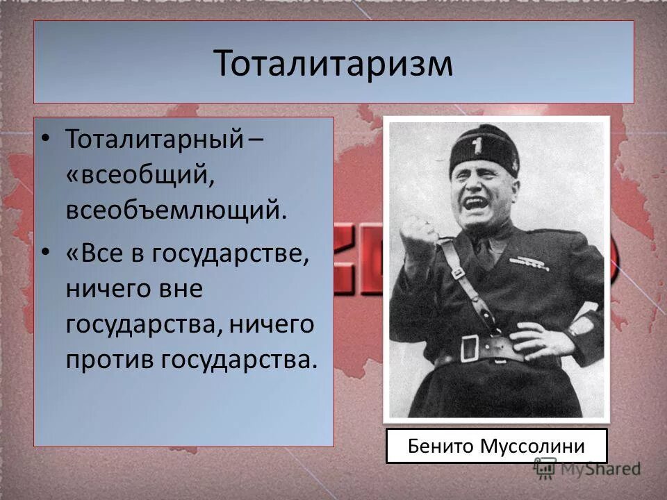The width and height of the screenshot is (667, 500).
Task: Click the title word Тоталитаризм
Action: click(333, 64)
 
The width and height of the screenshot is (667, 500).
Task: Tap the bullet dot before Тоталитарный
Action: click(45, 137)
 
